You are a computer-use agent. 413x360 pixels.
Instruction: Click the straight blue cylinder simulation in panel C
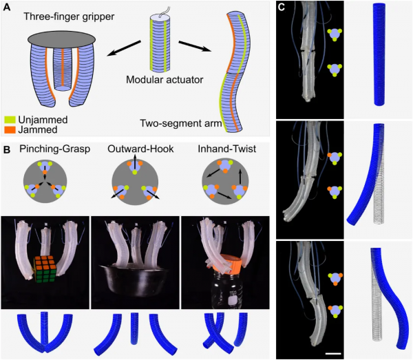point(379,54)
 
